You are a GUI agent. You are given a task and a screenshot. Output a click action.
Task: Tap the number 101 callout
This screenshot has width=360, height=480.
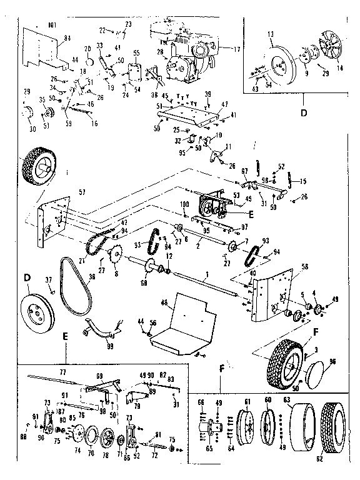coord(51,26)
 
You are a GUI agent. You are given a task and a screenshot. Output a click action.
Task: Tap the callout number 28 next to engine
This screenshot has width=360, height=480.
coord(160,52)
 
